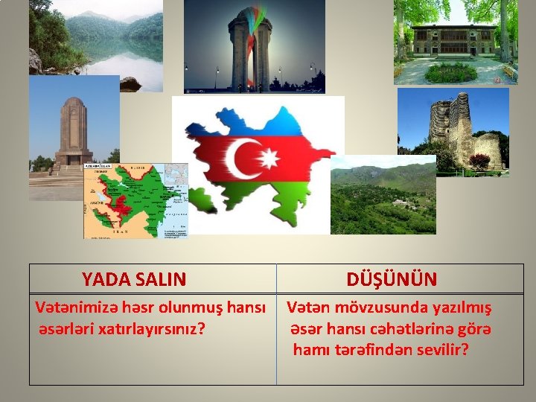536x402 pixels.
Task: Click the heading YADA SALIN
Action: click(134, 279)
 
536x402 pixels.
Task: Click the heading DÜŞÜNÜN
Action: click(392, 279)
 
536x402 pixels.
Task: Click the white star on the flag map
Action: click(268, 159)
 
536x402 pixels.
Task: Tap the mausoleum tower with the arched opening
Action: click(74, 130)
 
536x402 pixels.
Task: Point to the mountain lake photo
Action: click(97, 45)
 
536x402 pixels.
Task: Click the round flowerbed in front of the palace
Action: click(450, 72)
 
